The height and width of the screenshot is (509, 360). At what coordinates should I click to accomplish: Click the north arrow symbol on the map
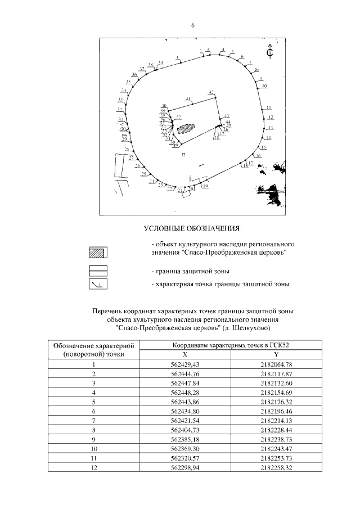click(x=270, y=51)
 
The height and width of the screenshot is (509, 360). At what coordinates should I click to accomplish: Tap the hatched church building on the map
click(x=185, y=128)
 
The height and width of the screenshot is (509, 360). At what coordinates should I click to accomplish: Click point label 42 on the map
click(x=211, y=92)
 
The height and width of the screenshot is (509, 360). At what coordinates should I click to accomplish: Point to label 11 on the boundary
click(x=269, y=107)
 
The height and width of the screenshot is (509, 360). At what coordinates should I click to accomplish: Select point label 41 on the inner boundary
click(x=188, y=98)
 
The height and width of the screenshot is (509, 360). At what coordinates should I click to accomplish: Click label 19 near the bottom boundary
click(x=205, y=185)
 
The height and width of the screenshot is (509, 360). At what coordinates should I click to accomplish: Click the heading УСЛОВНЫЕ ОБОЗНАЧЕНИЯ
click(x=191, y=229)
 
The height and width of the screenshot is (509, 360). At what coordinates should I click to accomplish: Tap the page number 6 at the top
click(x=192, y=25)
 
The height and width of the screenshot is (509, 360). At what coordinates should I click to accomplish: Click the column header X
click(x=184, y=354)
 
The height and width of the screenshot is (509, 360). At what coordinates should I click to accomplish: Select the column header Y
click(x=276, y=354)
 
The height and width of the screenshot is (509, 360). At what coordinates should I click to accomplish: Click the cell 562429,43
click(x=184, y=364)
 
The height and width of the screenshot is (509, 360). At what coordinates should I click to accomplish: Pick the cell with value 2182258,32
click(x=276, y=467)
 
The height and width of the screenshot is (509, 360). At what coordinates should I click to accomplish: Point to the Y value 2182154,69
click(x=276, y=392)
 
